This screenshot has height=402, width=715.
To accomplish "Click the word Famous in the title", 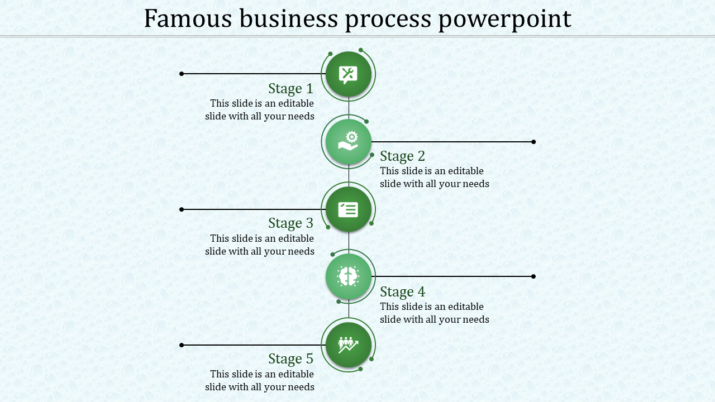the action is (x=188, y=18).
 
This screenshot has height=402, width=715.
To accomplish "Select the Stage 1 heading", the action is (x=290, y=89).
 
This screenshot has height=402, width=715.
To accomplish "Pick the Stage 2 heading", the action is (x=403, y=156).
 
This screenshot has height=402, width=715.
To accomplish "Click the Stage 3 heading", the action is (x=290, y=223).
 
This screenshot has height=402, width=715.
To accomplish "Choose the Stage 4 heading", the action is (x=403, y=292).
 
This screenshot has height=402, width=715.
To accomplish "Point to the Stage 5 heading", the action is (x=290, y=359).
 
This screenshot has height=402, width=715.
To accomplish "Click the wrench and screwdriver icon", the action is (x=348, y=75).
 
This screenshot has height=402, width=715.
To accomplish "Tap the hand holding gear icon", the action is (x=348, y=141).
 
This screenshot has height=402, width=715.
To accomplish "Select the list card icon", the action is (x=348, y=209).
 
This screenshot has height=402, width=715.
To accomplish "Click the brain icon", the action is (x=348, y=276).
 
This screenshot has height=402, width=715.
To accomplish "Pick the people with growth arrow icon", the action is (x=348, y=345).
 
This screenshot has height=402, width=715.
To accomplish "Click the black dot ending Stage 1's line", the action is (x=182, y=74).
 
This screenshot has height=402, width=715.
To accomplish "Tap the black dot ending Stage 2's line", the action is (x=533, y=142).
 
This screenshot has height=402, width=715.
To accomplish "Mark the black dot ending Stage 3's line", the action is (x=182, y=209).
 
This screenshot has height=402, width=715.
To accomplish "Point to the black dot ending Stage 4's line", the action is (x=533, y=276).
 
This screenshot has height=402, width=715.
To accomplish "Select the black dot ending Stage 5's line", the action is (x=182, y=345).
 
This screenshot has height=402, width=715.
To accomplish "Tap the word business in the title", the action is (x=289, y=18).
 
